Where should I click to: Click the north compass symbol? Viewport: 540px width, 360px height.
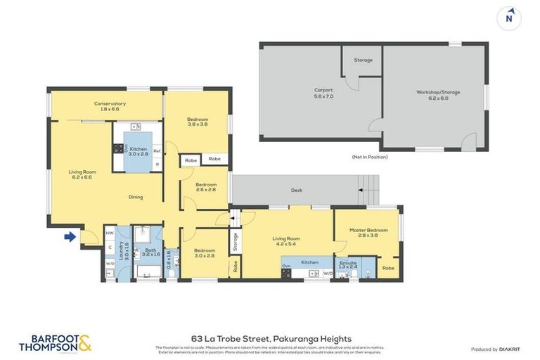508,18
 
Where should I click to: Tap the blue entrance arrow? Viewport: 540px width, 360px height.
70,237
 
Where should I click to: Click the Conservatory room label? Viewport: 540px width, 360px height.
110,107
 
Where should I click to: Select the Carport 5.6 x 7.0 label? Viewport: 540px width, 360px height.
323,94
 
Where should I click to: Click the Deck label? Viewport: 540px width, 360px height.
297,191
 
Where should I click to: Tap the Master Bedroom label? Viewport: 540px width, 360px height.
368,233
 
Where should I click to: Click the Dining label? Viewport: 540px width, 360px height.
135,197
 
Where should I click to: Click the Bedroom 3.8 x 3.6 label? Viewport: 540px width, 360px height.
197,123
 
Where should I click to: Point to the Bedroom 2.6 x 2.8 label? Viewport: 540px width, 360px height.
207,187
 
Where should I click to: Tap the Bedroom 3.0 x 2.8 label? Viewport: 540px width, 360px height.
204,253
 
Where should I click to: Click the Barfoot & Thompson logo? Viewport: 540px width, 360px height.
55,343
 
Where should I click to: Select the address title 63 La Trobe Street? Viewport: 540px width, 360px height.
271,338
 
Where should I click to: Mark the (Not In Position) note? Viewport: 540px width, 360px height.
370,157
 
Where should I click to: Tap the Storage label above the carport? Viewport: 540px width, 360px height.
363,60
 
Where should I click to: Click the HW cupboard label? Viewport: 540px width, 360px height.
109,233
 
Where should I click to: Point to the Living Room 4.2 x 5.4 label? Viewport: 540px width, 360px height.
287,241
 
